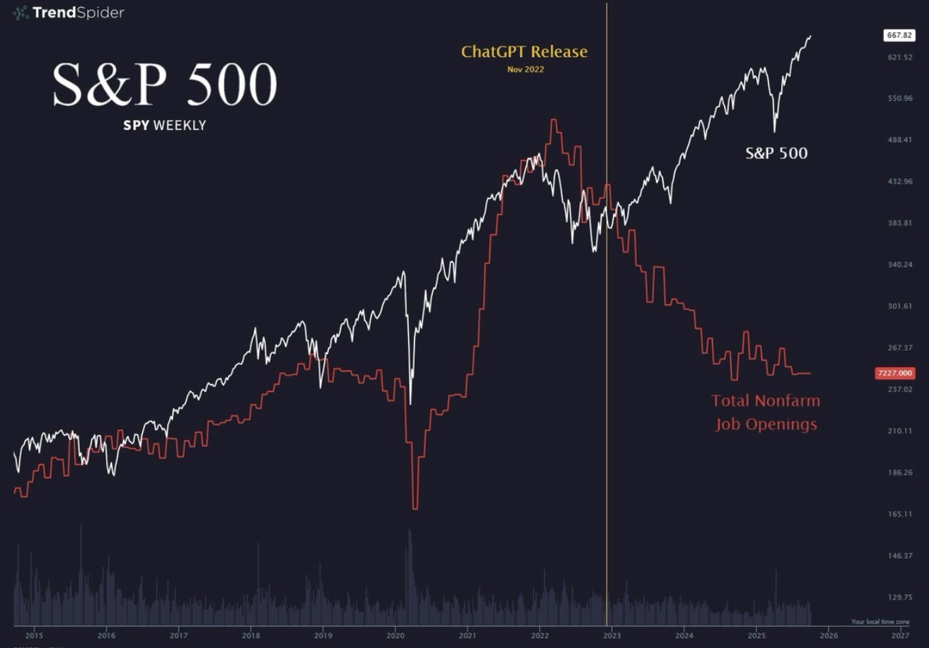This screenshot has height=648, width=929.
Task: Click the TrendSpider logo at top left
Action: [x=68, y=13]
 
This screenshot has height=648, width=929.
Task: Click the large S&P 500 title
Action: [x=165, y=86]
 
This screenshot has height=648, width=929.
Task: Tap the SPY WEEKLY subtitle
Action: [x=165, y=125]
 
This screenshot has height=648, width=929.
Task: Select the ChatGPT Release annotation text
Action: [x=524, y=51]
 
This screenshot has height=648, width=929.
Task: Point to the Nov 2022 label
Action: [x=525, y=69]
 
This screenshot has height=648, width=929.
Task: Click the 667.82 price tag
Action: [x=899, y=35]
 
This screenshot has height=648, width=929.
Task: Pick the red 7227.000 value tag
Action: [x=895, y=373]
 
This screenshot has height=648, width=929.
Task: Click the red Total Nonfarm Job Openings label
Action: [x=766, y=412]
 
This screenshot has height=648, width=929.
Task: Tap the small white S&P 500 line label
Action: [x=776, y=153]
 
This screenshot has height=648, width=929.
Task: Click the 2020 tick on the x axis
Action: [x=396, y=635]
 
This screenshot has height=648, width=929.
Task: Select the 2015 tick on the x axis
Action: [x=34, y=635]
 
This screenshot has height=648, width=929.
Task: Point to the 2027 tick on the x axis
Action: [x=900, y=635]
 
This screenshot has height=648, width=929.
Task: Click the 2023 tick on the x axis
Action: [x=612, y=635]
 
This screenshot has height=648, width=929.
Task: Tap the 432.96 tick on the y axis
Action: [x=899, y=182]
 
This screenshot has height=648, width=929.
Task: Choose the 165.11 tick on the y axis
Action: [x=899, y=514]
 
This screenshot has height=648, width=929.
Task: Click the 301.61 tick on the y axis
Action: [x=899, y=306]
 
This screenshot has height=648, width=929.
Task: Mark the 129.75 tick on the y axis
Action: [x=899, y=597]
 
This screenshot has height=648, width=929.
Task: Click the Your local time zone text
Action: [x=880, y=622]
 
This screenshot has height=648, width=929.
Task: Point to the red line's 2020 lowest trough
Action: [x=415, y=507]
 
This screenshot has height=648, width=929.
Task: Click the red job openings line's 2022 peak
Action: [x=554, y=120]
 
